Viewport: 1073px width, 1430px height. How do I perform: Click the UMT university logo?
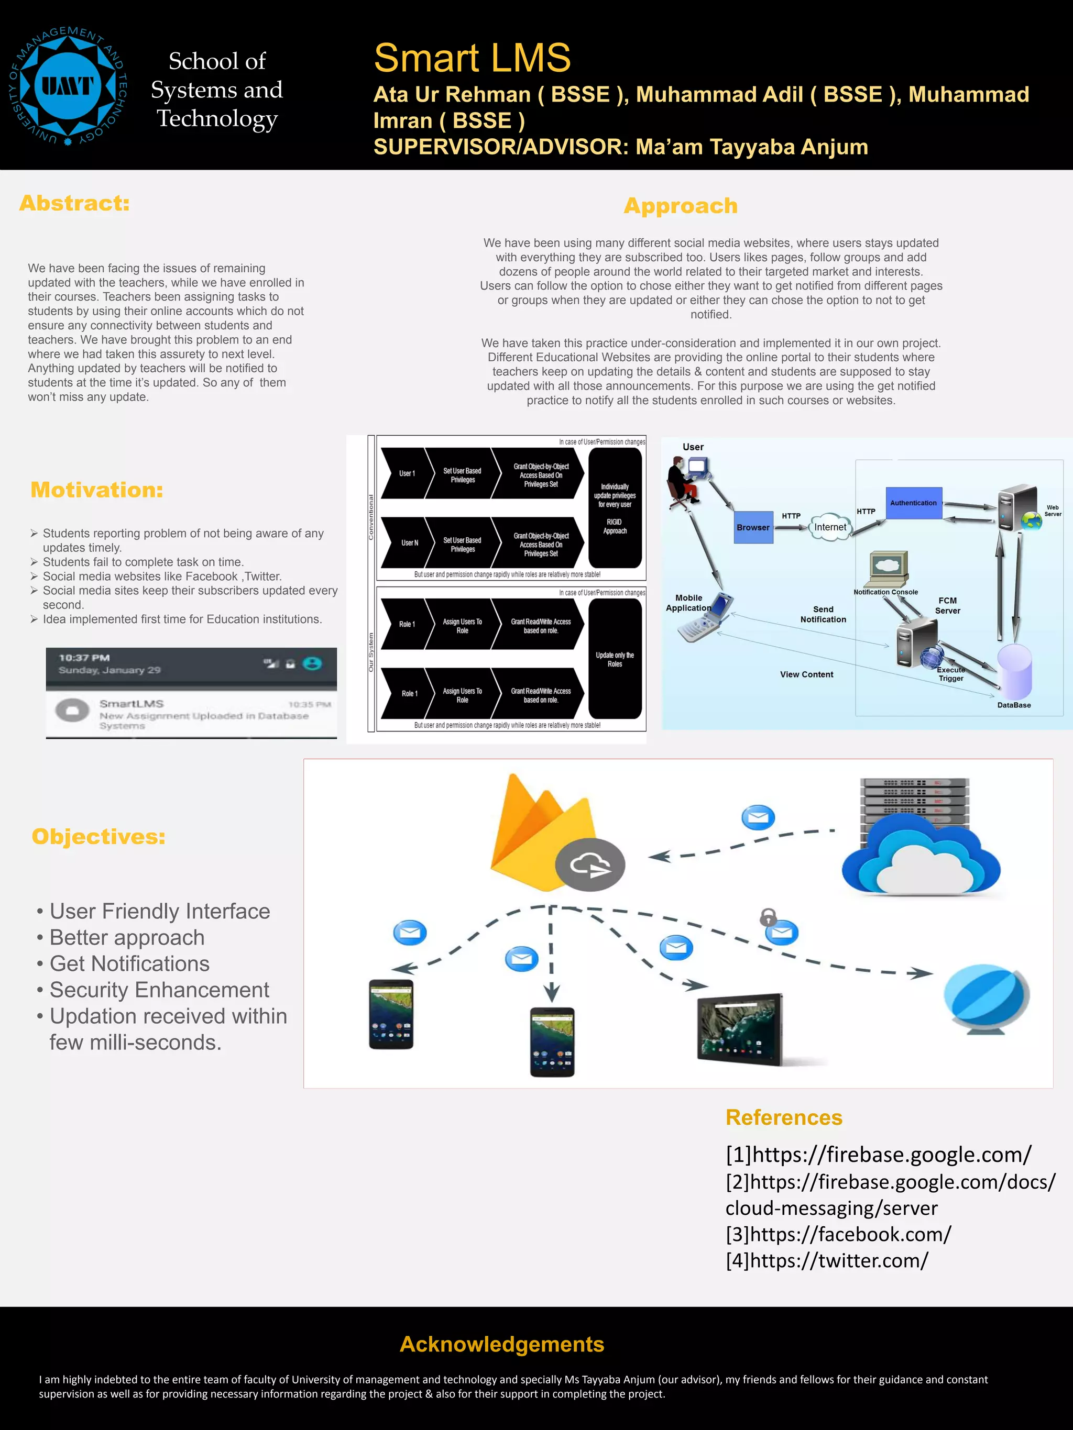(68, 86)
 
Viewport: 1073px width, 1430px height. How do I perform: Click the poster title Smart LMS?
(472, 58)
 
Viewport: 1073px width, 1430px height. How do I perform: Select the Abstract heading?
(74, 203)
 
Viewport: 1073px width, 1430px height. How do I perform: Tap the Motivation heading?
(96, 490)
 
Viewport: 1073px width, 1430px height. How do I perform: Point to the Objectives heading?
(98, 837)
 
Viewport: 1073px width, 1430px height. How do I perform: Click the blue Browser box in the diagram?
(753, 527)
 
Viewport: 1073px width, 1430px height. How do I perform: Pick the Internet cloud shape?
(830, 527)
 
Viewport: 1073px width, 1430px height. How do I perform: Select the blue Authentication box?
(913, 503)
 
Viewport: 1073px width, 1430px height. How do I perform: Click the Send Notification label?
(823, 614)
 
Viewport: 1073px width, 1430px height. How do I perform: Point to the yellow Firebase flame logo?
(542, 830)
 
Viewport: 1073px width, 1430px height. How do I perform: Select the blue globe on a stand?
(986, 997)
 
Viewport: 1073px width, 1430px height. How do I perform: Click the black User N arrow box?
(406, 543)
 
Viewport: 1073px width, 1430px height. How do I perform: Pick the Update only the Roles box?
(615, 659)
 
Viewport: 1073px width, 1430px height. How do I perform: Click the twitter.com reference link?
(827, 1261)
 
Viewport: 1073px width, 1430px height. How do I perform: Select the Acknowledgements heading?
(502, 1344)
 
